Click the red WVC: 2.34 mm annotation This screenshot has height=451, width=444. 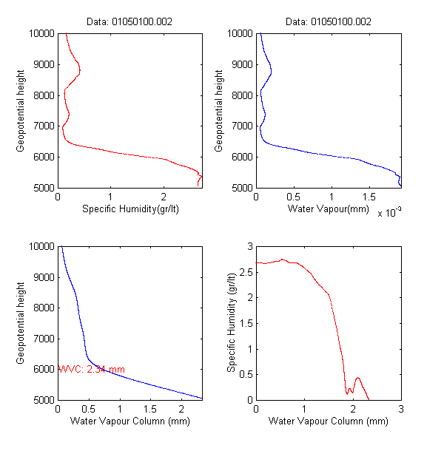(92, 369)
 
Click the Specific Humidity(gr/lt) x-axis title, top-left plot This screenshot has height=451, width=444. (130, 209)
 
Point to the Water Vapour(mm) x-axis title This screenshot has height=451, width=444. (328, 209)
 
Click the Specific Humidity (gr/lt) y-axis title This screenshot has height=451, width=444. (232, 322)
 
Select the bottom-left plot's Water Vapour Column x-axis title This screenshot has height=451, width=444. (130, 421)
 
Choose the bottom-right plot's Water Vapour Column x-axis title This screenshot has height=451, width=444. (328, 421)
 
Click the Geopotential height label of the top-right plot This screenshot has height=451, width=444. (218, 111)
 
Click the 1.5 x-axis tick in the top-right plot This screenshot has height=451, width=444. (332, 197)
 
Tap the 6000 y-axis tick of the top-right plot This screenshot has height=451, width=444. (240, 157)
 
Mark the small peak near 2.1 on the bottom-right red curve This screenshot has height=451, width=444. (357, 378)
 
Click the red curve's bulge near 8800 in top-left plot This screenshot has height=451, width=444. (79, 71)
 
